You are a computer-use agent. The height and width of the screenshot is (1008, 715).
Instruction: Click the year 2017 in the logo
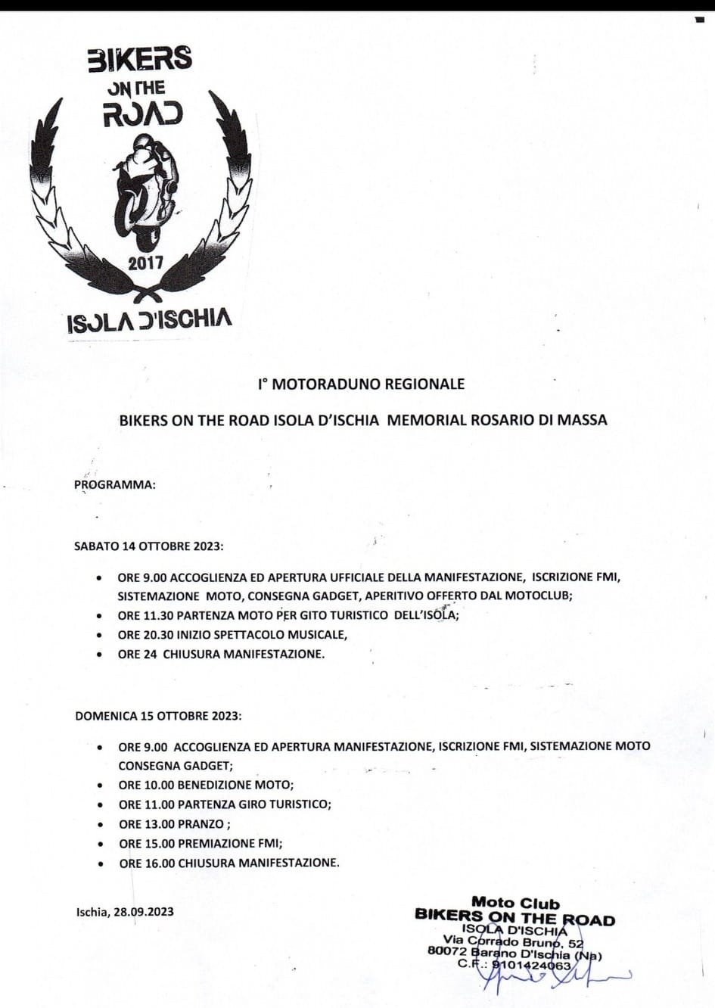145,263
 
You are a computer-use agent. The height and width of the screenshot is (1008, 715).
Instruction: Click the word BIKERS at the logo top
139,59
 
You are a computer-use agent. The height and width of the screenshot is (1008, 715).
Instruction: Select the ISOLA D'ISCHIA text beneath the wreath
149,320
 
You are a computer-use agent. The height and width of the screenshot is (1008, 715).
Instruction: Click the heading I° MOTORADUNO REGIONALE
361,384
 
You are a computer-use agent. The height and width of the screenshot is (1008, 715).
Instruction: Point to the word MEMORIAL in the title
424,419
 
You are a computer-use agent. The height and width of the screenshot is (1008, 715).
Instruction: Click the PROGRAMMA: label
115,485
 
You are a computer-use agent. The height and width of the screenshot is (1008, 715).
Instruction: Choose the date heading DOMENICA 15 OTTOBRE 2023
158,716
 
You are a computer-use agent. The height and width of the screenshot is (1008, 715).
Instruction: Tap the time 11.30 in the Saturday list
157,616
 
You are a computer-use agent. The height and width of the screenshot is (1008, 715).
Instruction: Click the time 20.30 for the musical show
157,635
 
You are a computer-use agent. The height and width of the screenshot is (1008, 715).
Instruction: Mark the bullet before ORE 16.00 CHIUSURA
101,863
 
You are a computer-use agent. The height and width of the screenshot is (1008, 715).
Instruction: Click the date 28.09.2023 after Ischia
144,912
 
